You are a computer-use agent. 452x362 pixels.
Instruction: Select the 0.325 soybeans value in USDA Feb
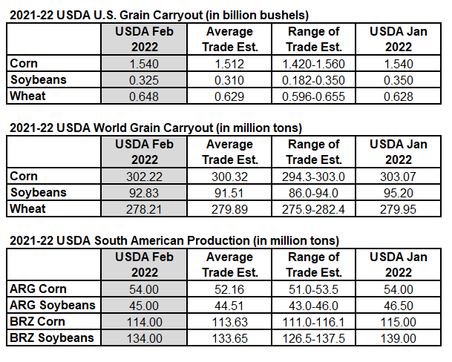pyautogui.click(x=144, y=80)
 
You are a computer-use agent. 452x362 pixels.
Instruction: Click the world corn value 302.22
pyautogui.click(x=144, y=177)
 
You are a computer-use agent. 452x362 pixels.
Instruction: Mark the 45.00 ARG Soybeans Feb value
pyautogui.click(x=144, y=306)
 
